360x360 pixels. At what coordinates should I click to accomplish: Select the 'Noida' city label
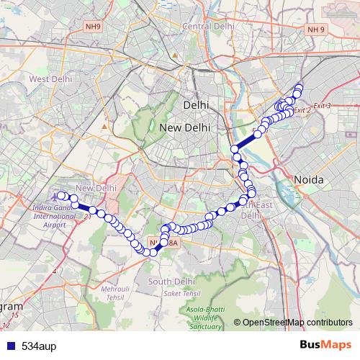308,179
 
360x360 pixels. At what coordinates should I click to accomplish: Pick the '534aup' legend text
38,346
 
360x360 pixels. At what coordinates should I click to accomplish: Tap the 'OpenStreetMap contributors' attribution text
297,322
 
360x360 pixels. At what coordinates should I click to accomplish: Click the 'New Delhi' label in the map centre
185,127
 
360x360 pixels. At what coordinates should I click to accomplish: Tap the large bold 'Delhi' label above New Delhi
196,105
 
